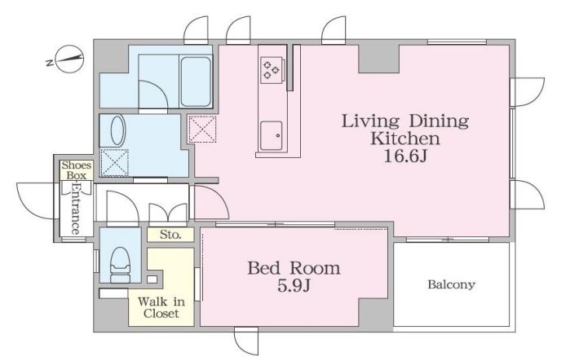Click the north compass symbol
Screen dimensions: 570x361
66,59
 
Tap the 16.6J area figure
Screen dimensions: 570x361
405,156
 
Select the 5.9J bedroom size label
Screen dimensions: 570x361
294,286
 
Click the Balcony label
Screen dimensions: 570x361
451,284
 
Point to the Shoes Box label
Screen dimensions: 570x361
77,170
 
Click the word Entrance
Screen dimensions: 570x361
76,209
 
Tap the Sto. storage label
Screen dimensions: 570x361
170,235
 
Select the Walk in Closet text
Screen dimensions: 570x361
161,307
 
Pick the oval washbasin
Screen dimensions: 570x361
117,130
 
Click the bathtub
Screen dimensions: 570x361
196,81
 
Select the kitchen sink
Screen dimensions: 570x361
272,135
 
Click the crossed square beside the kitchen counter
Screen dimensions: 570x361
202,129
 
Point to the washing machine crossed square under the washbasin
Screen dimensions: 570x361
114,163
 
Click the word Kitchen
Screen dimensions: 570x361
405,139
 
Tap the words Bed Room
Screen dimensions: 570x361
294,268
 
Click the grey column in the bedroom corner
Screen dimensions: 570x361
375,312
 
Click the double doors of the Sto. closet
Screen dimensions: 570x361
168,214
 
